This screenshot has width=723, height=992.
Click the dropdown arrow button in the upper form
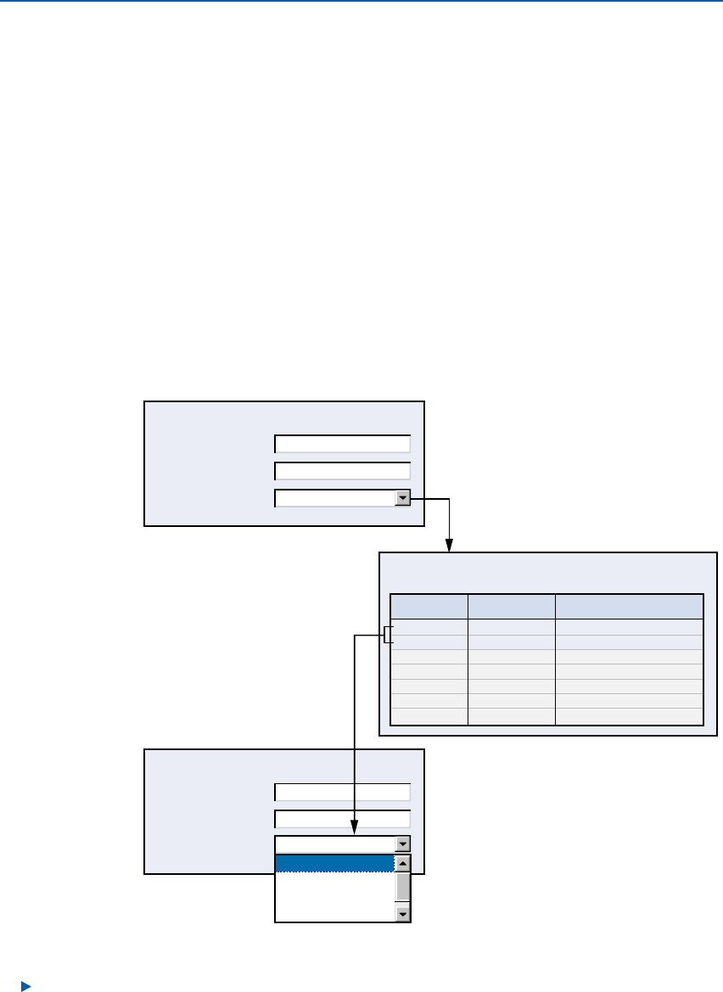(x=403, y=498)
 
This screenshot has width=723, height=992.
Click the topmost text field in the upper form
(x=342, y=444)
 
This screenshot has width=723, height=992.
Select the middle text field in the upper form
(x=342, y=471)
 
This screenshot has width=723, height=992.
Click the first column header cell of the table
(x=429, y=607)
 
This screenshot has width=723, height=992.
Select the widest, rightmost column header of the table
(x=629, y=607)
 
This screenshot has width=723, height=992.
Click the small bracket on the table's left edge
(x=389, y=635)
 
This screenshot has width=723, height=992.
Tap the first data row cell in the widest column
(x=629, y=627)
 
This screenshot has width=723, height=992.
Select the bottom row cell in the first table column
(x=429, y=716)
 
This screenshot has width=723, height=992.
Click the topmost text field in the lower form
(x=342, y=792)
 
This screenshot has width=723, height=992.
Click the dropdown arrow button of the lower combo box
(x=403, y=844)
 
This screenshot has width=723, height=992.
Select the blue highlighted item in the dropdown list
(x=335, y=863)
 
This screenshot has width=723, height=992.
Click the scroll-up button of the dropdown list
(x=403, y=863)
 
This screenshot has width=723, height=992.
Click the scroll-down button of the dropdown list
(x=403, y=914)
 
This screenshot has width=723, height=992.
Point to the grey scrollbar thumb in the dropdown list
(x=403, y=887)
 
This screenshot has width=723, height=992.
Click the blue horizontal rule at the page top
(x=361, y=2)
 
